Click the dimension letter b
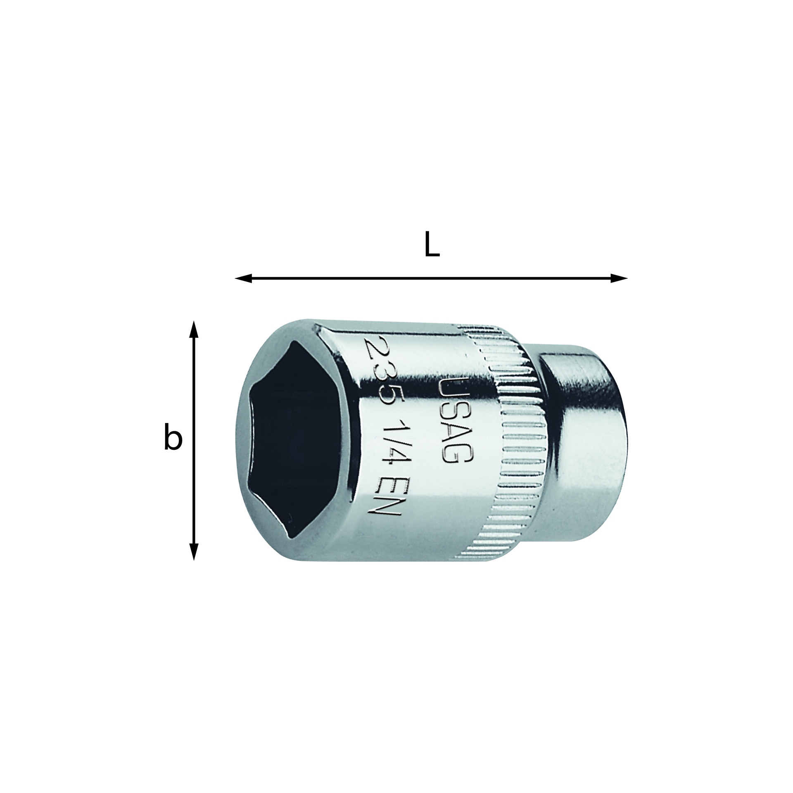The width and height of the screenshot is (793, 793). pos(173,439)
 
